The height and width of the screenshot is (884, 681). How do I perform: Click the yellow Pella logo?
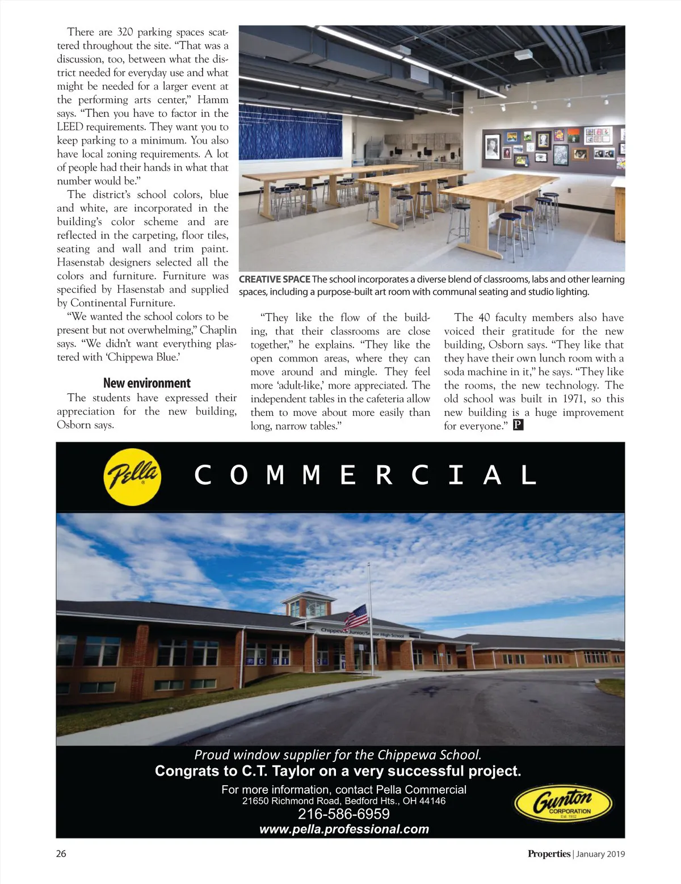[132, 474]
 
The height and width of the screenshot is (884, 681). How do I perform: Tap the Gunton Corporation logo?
[564, 803]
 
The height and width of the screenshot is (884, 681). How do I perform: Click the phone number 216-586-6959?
[343, 814]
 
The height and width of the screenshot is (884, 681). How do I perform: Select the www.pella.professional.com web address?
[344, 829]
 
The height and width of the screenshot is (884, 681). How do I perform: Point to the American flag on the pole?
[356, 615]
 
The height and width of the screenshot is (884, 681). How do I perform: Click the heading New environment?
[147, 383]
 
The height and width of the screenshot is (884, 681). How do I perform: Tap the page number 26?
[61, 854]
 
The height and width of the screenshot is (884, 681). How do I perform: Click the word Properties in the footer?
[549, 854]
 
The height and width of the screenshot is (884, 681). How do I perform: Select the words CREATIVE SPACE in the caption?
[275, 279]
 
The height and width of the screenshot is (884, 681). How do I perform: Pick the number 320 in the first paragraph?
[125, 32]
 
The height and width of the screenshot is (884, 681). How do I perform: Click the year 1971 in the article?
[574, 399]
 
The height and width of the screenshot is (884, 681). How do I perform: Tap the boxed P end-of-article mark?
[518, 425]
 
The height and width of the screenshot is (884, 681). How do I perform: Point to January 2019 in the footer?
[600, 854]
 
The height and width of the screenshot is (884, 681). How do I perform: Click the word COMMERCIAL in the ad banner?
[365, 475]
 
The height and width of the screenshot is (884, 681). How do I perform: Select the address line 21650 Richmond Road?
[343, 801]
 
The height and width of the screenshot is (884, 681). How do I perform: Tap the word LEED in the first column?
[70, 127]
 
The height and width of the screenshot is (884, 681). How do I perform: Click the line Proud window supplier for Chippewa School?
[338, 755]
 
